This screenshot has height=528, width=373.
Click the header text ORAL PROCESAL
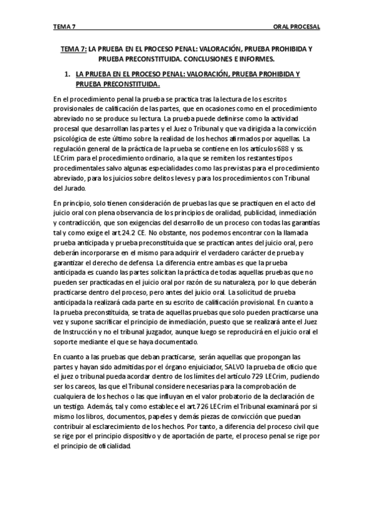296,27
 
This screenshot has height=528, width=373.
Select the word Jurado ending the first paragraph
66,188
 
